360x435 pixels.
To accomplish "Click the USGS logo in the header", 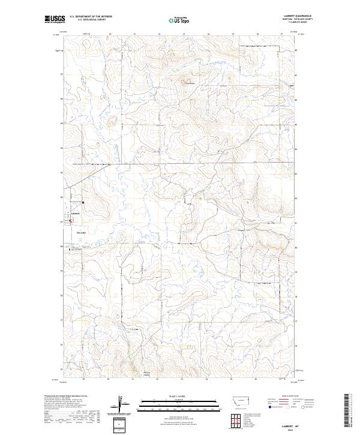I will click(54, 20).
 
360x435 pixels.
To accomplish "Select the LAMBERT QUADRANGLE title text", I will click(299, 17).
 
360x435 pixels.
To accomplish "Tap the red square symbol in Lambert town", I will click(70, 220).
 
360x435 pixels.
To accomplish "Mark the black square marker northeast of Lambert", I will click(83, 202).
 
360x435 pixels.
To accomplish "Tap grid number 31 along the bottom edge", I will click(133, 379).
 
